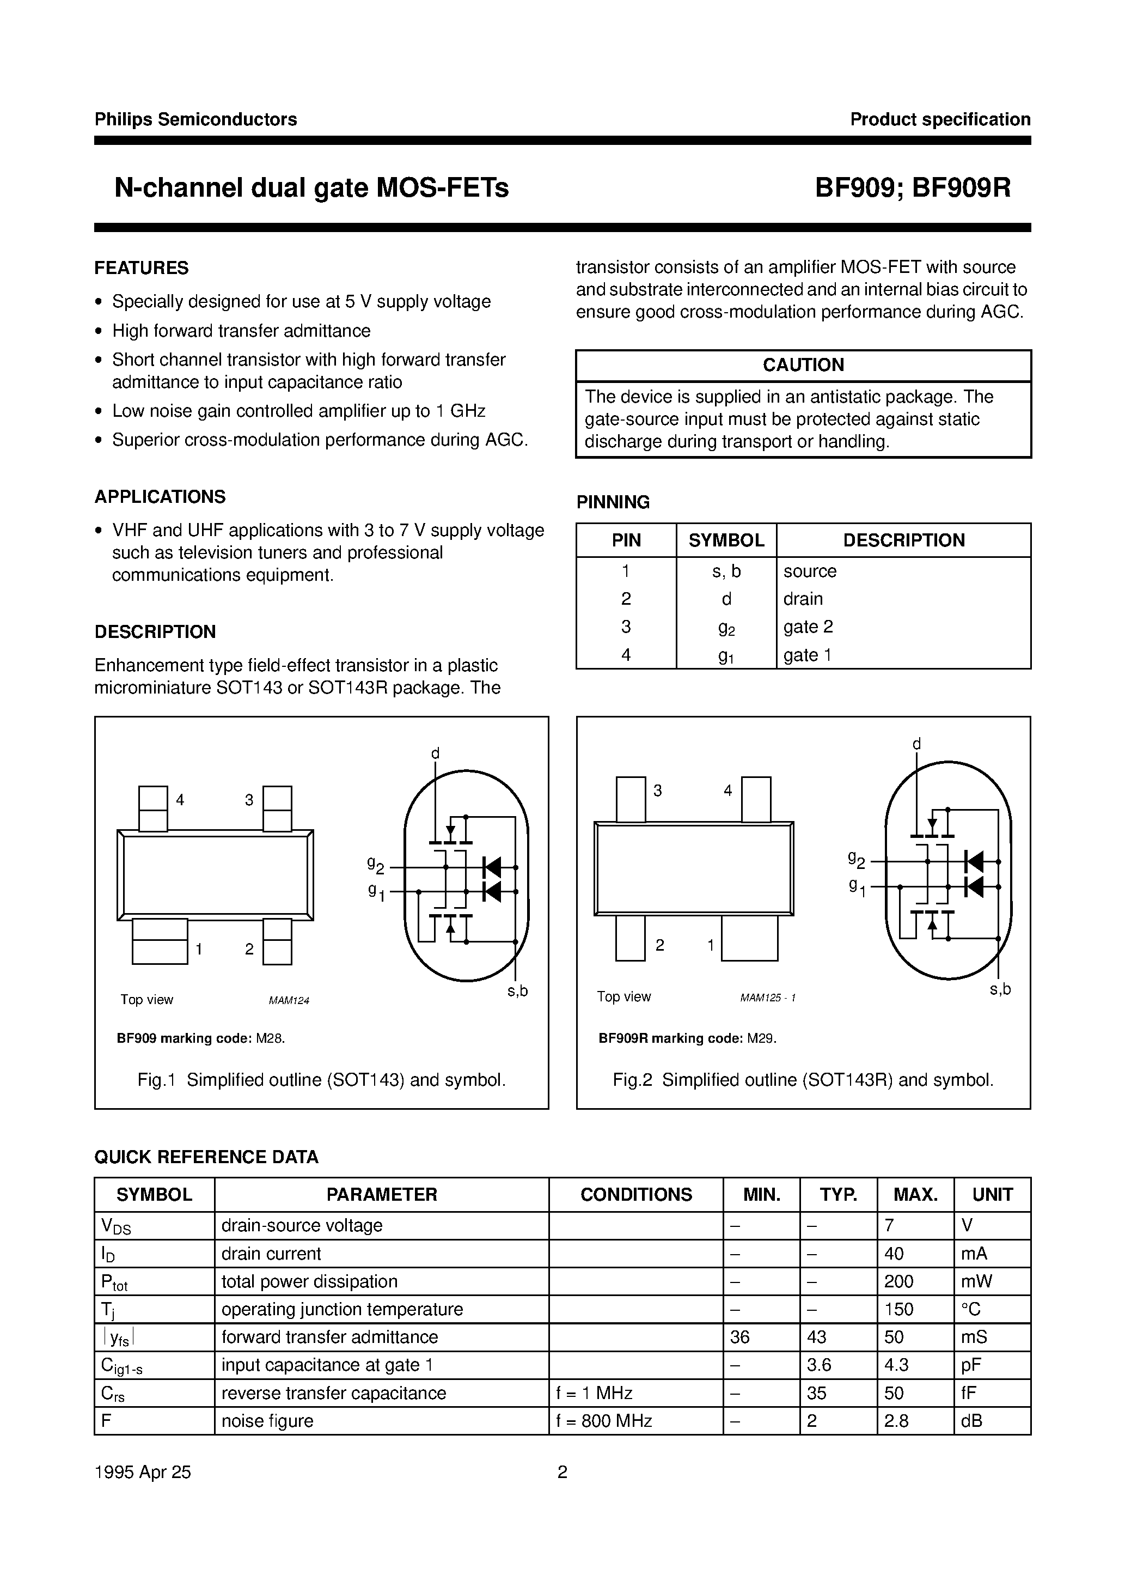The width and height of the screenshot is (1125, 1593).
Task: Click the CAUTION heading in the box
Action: [x=803, y=365]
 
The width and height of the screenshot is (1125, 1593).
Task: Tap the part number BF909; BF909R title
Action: [x=912, y=188]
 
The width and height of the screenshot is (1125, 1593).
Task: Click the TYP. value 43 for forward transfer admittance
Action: [x=816, y=1337]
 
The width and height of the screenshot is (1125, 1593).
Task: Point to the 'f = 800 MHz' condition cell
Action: [x=603, y=1421]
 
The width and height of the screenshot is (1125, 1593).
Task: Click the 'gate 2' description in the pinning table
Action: [x=808, y=627]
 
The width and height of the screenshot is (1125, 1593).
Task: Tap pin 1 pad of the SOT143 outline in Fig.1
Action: [x=160, y=941]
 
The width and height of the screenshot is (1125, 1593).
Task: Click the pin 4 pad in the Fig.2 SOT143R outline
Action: [x=755, y=799]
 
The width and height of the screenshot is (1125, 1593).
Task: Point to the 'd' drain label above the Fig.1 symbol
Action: [x=435, y=753]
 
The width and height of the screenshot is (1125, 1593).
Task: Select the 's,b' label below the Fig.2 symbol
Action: [x=999, y=989]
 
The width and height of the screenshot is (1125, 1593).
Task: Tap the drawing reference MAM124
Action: [x=289, y=1000]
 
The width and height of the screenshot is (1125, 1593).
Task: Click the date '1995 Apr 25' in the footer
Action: [x=142, y=1472]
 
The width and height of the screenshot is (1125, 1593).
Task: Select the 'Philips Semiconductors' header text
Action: [x=195, y=119]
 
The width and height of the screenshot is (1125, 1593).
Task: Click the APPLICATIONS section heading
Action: [x=160, y=497]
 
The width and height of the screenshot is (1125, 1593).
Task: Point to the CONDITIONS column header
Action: [x=635, y=1195]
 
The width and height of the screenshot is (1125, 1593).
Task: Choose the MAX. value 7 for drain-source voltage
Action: [x=890, y=1226]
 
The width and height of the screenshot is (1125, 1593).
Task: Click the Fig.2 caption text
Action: [x=803, y=1080]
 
